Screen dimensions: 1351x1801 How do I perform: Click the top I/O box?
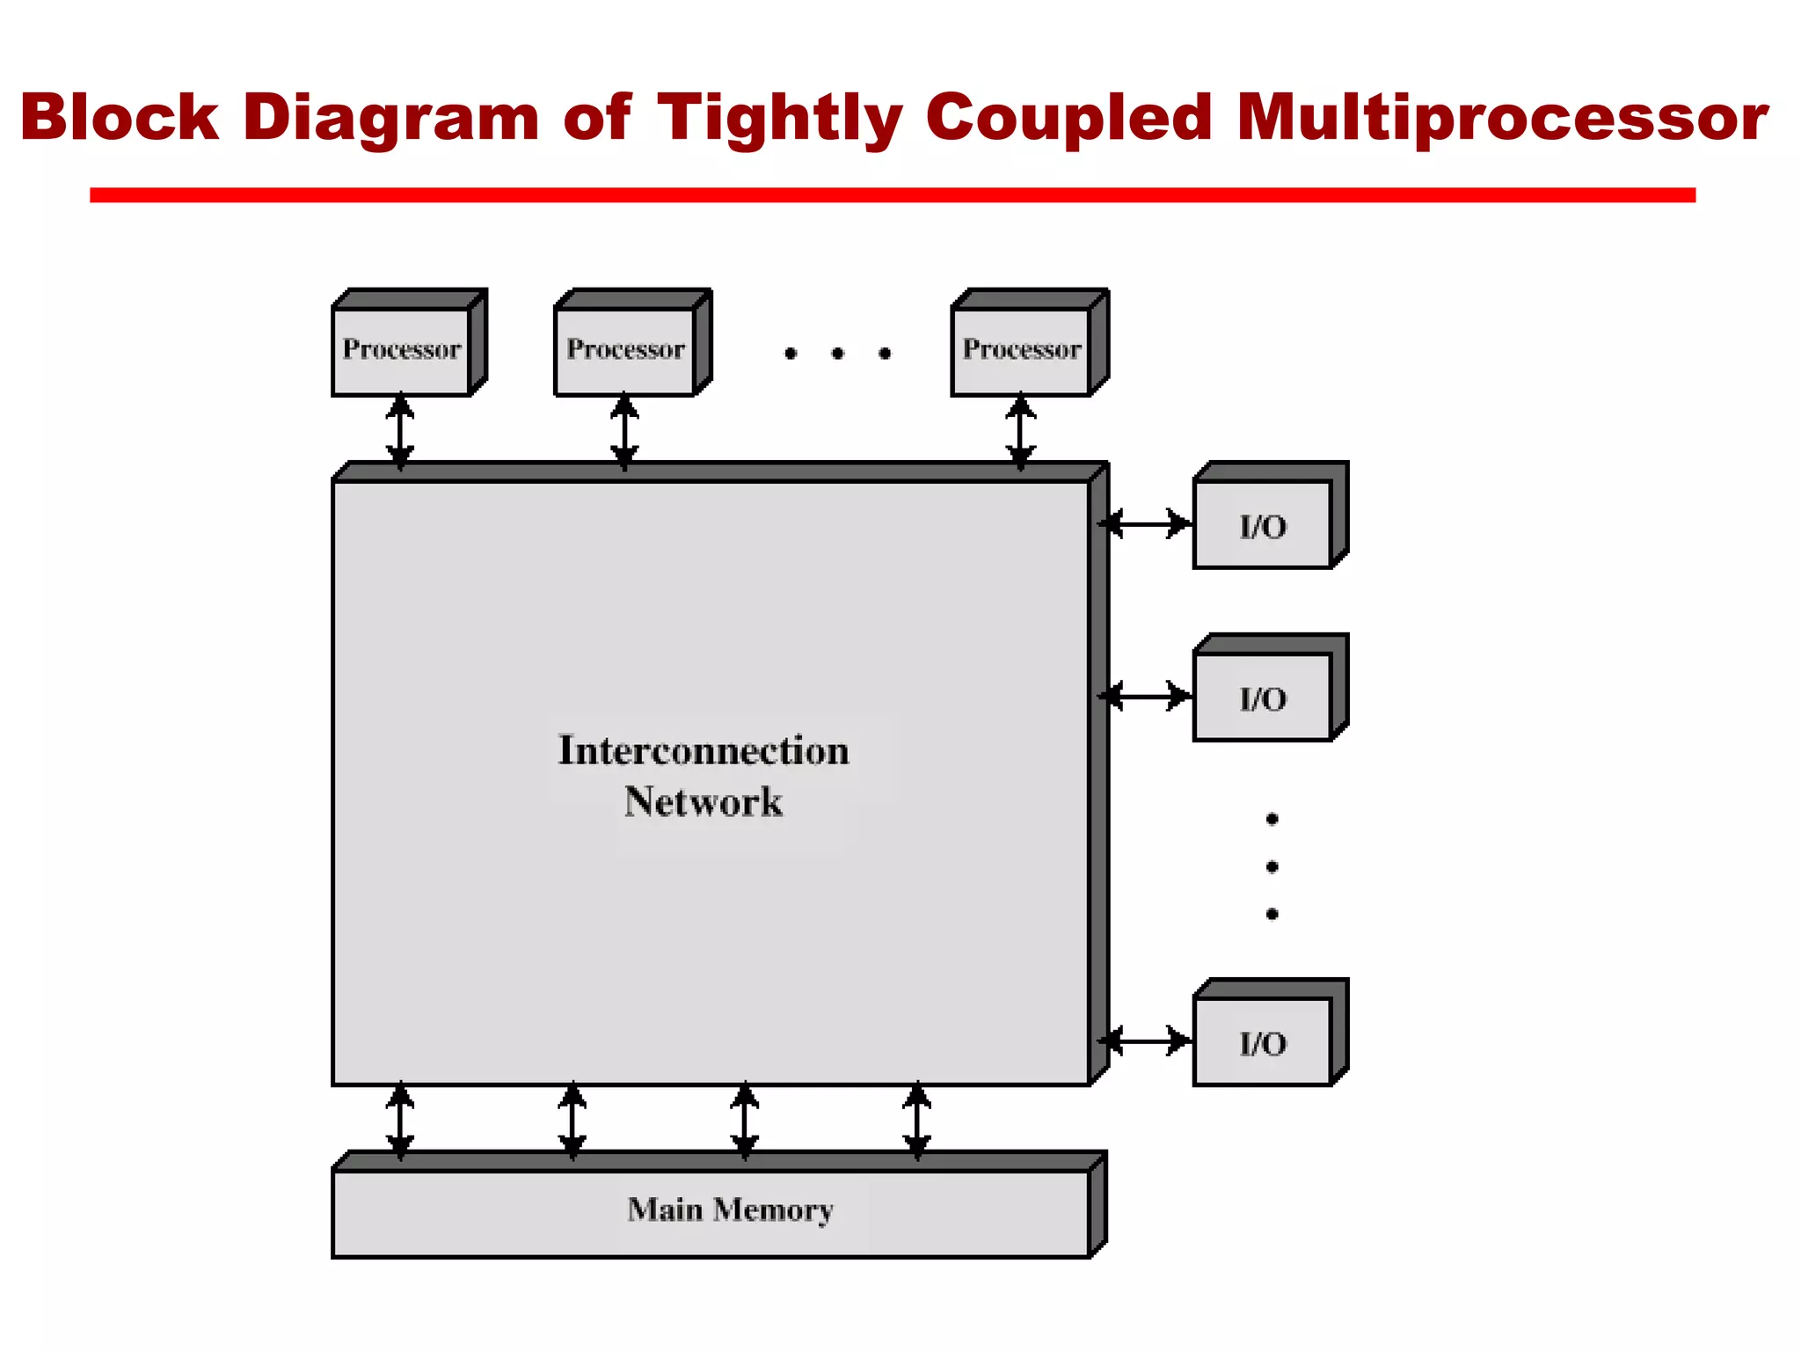tap(1263, 525)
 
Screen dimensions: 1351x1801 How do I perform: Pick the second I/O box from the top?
tap(1263, 697)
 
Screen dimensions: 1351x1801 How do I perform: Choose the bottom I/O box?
tap(1263, 1042)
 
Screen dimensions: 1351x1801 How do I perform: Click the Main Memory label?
tap(730, 1210)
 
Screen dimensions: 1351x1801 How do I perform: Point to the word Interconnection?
tap(704, 750)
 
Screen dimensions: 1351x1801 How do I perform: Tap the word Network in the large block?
tap(704, 801)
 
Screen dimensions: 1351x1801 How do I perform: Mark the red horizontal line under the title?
tap(892, 195)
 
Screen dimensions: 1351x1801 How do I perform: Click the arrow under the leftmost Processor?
tap(400, 430)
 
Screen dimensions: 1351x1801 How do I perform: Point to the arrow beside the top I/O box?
tap(1146, 523)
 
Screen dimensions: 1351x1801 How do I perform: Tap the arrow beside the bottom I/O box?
tap(1146, 1041)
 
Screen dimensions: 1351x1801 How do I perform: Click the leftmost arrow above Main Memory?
tap(400, 1120)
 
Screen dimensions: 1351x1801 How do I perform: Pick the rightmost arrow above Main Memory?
tap(917, 1120)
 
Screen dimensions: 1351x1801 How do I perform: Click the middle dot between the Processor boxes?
tap(837, 354)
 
